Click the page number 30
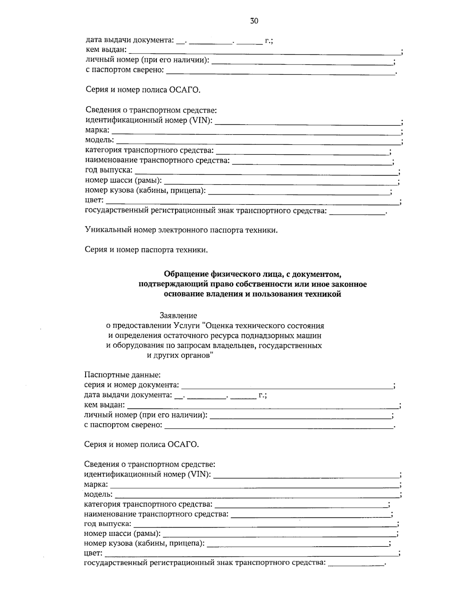pyautogui.click(x=254, y=21)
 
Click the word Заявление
pyautogui.click(x=178, y=315)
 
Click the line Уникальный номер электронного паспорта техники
pyautogui.click(x=181, y=230)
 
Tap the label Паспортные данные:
pyautogui.click(x=122, y=375)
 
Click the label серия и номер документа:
pyautogui.click(x=131, y=385)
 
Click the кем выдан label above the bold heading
pyautogui.click(x=106, y=50)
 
